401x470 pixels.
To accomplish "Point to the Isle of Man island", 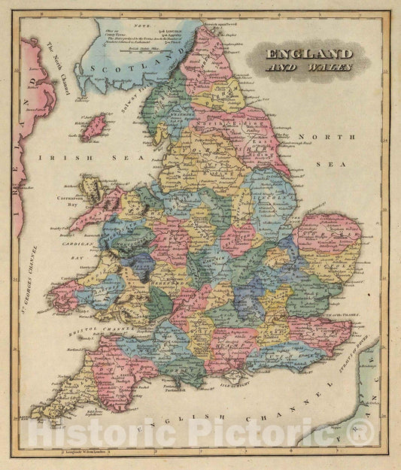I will coord(93,127).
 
